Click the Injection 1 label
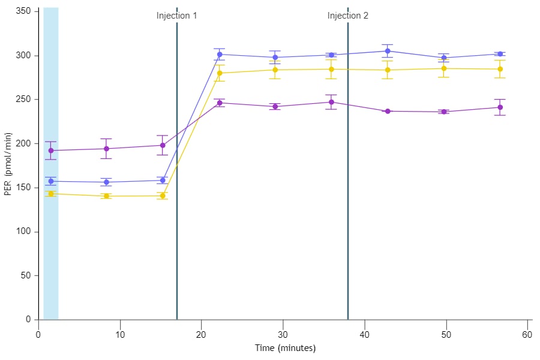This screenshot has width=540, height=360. tap(176, 16)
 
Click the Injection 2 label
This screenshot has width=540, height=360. tap(348, 16)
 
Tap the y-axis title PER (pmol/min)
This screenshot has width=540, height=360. tap(8, 163)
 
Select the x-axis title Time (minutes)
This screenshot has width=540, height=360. tap(285, 348)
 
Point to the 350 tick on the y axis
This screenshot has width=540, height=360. tap(23, 11)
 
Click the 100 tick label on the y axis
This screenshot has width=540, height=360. tap(23, 232)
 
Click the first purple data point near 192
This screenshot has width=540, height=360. tap(50, 151)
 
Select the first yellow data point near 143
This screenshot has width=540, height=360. tap(50, 194)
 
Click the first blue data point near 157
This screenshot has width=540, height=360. tap(50, 181)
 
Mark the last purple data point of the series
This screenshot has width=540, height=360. tap(500, 107)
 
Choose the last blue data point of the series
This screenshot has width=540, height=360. tap(500, 54)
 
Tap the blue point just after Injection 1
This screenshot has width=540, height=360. tap(220, 55)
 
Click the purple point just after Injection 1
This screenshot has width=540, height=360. tap(220, 103)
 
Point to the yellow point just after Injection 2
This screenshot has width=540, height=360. tap(388, 70)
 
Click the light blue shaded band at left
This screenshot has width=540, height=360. tap(50, 252)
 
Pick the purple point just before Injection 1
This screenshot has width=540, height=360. tap(163, 145)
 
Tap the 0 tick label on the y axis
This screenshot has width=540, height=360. tap(28, 320)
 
